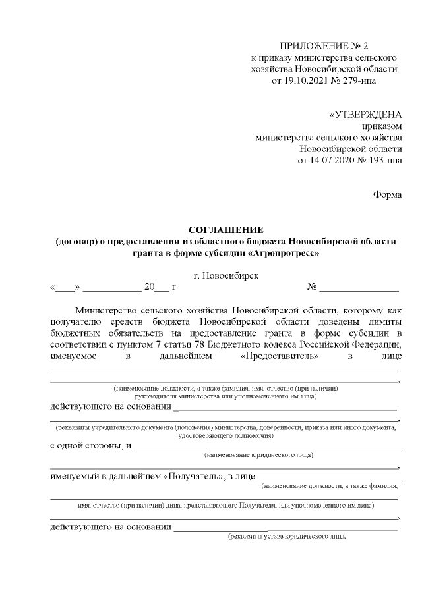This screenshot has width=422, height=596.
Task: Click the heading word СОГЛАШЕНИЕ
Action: (226, 229)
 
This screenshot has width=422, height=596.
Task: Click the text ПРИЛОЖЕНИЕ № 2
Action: (323, 45)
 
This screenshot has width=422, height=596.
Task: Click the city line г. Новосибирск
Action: (226, 275)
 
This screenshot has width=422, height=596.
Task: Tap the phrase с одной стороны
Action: (87, 446)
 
